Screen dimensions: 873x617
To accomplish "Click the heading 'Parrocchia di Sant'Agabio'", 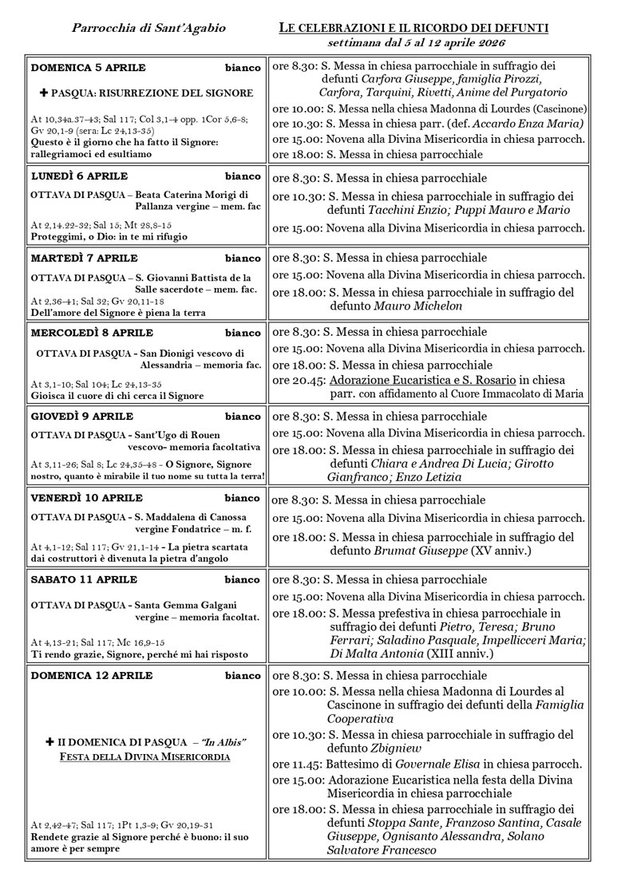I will point(148,28).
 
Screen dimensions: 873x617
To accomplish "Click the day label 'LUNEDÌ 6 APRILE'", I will point(79,176).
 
